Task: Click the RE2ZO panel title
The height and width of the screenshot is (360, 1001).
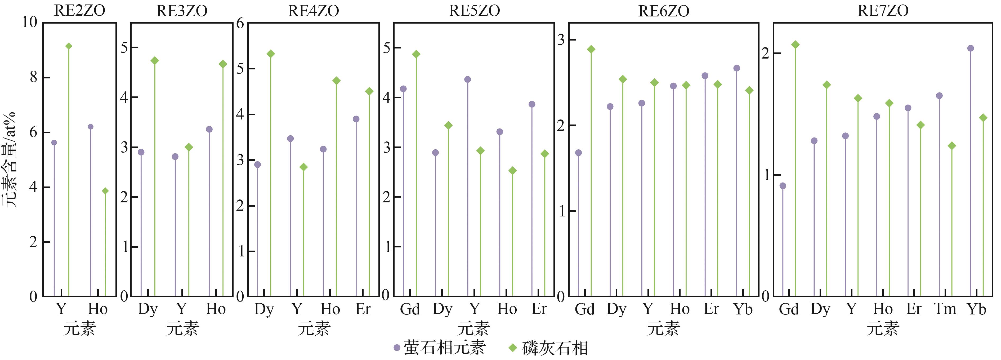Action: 80,11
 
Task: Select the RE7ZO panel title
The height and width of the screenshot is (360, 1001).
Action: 883,11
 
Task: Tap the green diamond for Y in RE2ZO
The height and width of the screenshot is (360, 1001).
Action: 69,46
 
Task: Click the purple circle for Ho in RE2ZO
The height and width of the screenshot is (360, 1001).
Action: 91,127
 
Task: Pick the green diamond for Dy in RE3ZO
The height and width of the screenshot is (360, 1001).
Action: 155,61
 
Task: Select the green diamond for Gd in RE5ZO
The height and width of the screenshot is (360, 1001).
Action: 416,54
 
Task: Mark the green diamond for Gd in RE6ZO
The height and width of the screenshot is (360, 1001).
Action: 591,49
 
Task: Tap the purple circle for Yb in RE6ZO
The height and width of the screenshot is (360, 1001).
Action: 736,68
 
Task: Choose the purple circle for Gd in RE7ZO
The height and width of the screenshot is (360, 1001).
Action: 783,186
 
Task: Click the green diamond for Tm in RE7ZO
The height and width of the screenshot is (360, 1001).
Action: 952,146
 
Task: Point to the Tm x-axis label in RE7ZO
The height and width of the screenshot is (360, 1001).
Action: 945,309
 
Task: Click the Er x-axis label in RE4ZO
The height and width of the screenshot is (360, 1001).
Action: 363,309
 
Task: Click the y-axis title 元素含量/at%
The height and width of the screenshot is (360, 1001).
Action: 10,159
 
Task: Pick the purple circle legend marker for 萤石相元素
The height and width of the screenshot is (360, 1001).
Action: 397,348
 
